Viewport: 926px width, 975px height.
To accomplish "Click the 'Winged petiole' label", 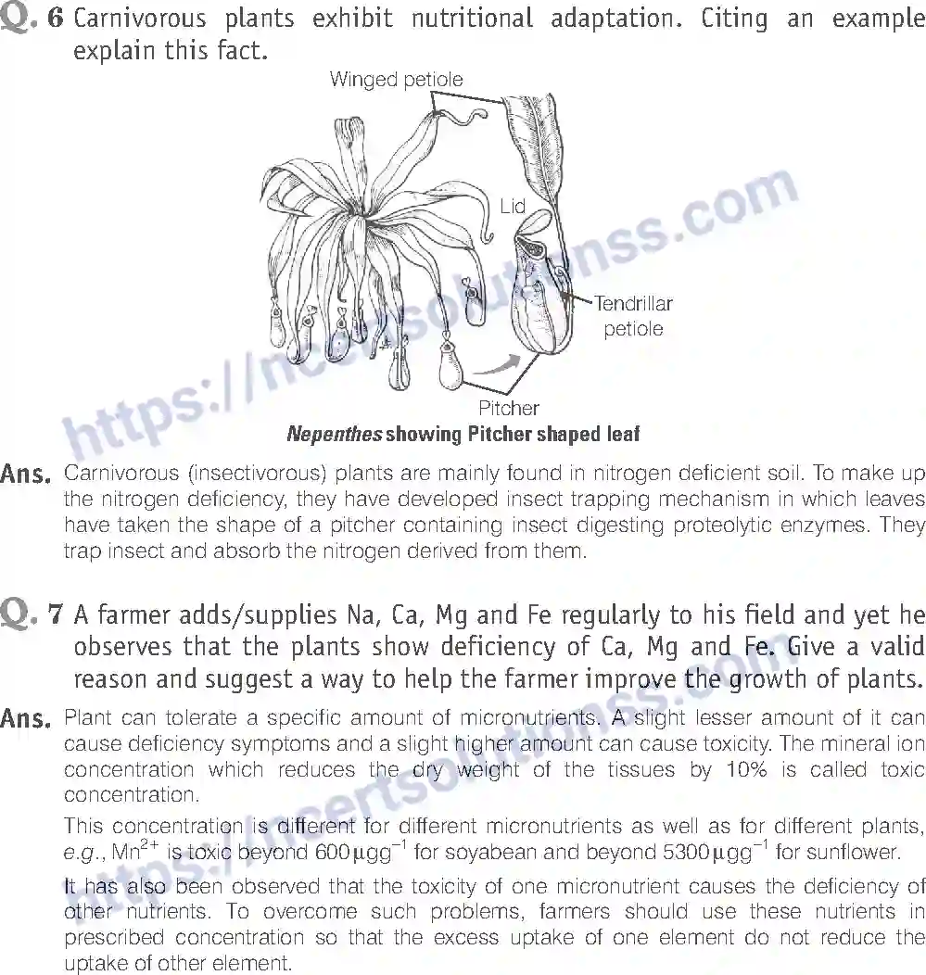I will pos(396,81).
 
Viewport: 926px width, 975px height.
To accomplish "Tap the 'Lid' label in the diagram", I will pos(513,207).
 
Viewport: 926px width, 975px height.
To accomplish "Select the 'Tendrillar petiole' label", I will pos(633,315).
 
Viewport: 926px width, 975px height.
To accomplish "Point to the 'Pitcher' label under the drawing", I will pos(508,408).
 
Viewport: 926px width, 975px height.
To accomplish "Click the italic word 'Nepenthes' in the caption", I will pos(334,434).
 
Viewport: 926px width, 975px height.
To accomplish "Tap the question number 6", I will pos(56,18).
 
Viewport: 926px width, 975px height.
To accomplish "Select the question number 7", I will pos(56,614).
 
